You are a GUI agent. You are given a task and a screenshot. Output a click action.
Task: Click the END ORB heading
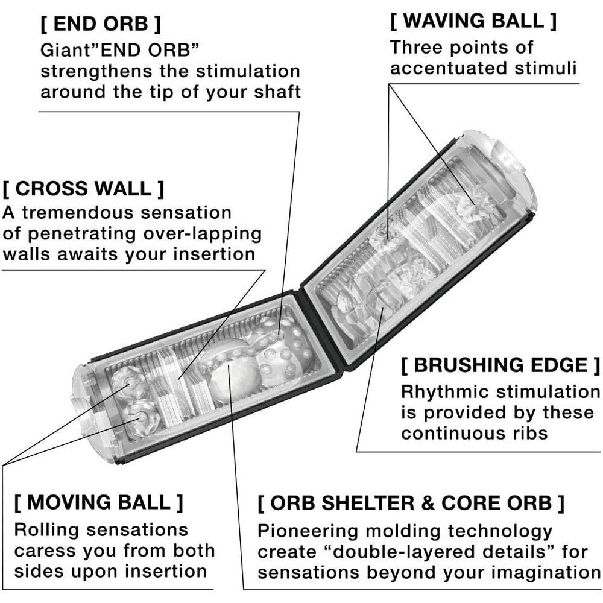tap(100, 25)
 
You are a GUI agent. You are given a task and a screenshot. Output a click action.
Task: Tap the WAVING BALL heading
tap(473, 21)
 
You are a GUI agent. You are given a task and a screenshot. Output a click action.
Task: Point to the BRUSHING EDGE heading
tap(500, 365)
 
